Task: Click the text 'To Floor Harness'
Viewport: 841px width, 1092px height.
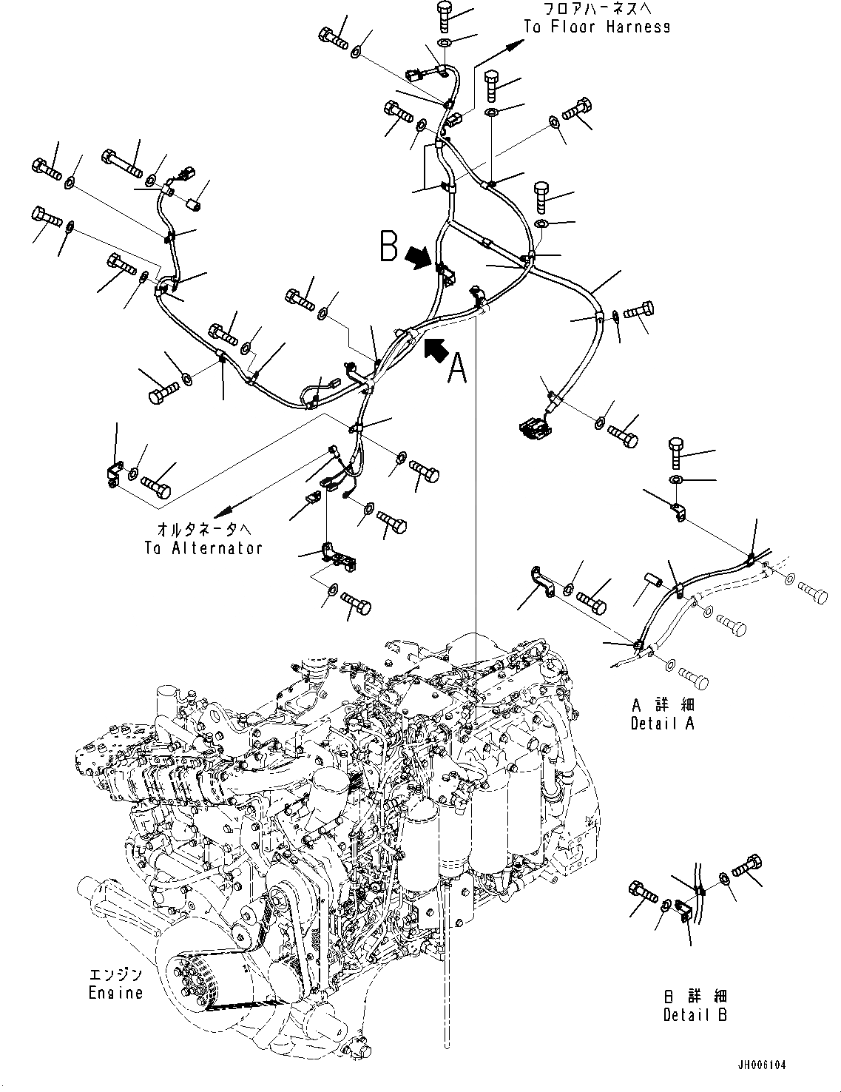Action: pyautogui.click(x=597, y=27)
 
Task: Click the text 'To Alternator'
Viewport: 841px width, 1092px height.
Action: pyautogui.click(x=203, y=548)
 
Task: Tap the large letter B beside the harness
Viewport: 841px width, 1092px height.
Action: pyautogui.click(x=389, y=247)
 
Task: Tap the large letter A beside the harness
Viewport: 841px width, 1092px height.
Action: pyautogui.click(x=458, y=368)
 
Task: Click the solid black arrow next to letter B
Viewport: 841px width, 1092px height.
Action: pyautogui.click(x=419, y=257)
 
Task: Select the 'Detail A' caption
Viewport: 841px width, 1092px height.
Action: pyautogui.click(x=662, y=724)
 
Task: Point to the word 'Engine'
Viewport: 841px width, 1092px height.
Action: pyautogui.click(x=116, y=992)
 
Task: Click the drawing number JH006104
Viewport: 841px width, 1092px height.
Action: pyautogui.click(x=761, y=1065)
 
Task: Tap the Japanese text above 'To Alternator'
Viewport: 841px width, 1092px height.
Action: pyautogui.click(x=203, y=530)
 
